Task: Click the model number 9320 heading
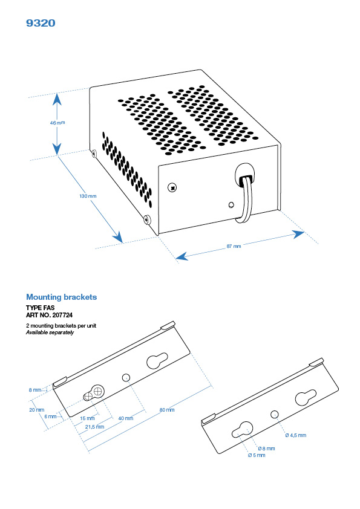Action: [x=41, y=23]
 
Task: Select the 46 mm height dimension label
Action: [x=57, y=122]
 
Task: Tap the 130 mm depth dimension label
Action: [x=88, y=196]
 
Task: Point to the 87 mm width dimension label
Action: [x=234, y=246]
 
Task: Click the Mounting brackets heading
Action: [x=61, y=297]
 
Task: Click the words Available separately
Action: [x=50, y=332]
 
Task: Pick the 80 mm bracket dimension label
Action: [x=166, y=410]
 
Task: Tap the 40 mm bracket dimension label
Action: [x=126, y=418]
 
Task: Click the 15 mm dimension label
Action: [x=87, y=418]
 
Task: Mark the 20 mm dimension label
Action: [x=36, y=409]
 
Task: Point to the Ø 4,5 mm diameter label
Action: [x=295, y=435]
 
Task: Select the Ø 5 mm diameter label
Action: [x=257, y=455]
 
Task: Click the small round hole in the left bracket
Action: [x=126, y=377]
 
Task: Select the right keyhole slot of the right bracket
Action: [x=303, y=399]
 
